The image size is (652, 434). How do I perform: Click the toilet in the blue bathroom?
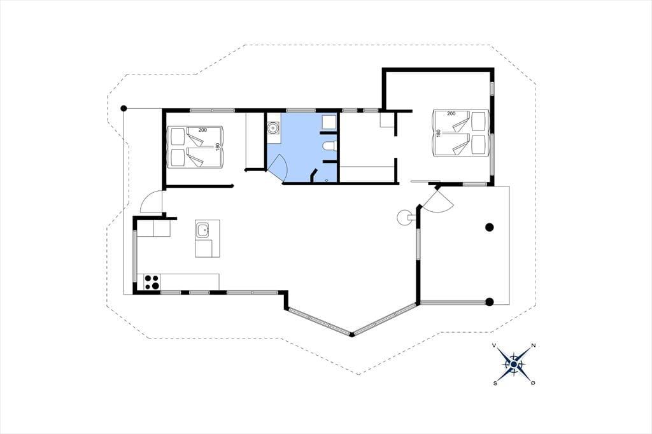point(329,146)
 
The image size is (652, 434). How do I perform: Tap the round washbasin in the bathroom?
point(273,127)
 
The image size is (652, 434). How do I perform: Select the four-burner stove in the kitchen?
point(152,282)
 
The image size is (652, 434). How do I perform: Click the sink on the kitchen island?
point(203,230)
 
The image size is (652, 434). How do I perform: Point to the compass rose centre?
point(514,365)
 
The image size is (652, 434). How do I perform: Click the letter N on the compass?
point(533,346)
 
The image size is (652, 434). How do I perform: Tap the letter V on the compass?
point(494,346)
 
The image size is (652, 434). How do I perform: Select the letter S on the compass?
point(495,383)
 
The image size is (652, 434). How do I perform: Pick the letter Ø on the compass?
point(533,383)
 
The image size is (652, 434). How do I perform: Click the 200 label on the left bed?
point(202,130)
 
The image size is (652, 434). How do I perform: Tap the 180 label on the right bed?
point(438,134)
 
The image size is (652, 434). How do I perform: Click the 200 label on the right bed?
point(451,113)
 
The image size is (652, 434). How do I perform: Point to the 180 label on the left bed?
point(217,148)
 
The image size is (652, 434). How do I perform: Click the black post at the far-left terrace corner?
point(124,108)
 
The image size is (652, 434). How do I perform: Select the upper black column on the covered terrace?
point(490,227)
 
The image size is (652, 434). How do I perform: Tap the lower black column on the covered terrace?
point(490,302)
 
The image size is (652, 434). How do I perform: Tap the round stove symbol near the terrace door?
point(403,217)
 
